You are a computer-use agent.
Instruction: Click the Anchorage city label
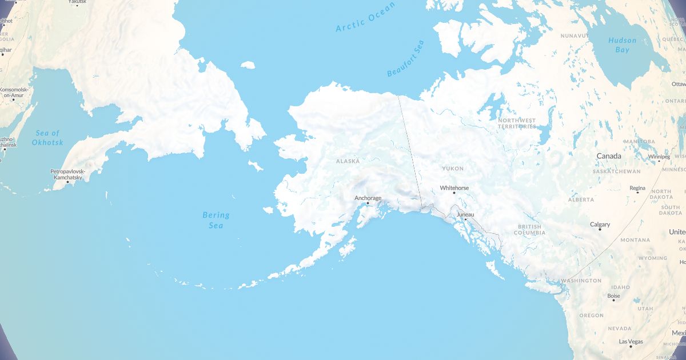coord(368,198)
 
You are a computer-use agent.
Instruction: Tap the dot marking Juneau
coord(465,219)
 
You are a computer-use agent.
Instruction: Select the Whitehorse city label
coord(454,187)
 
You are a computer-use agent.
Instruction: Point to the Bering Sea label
coord(216,220)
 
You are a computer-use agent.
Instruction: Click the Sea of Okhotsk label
coord(47,138)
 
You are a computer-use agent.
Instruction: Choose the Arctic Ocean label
coord(365,17)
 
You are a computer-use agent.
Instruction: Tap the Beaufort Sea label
coord(406,59)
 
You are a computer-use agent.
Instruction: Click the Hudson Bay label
coord(622,45)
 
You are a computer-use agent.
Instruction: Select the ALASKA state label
coord(348,161)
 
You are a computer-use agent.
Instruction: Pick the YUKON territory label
coord(453,169)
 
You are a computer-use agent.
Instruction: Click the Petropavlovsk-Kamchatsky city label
coord(67,174)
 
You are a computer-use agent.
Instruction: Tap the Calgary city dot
coord(600,230)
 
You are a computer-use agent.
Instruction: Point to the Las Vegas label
coord(631,342)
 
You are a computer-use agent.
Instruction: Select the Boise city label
coord(613,296)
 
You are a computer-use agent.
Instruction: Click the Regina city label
coord(637,188)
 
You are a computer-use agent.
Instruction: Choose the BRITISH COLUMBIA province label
coord(529,230)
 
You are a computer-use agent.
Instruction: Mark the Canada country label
coord(609,156)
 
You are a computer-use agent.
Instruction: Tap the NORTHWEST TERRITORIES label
coord(517,123)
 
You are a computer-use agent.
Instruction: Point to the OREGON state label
coord(591,315)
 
